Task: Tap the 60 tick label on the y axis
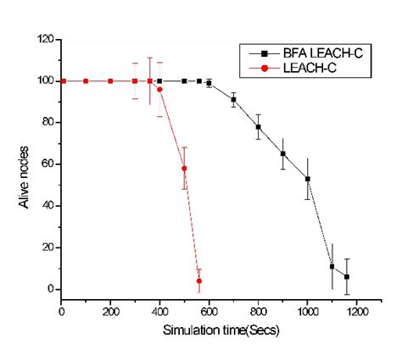48,164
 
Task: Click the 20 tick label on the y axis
48,247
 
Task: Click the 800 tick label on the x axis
258,312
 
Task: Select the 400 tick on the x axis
159,312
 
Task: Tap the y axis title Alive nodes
20,166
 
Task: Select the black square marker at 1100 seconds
332,266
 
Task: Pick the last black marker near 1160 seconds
347,277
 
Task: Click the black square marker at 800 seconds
258,127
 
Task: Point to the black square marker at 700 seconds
233,100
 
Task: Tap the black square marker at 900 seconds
282,154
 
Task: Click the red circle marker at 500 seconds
184,169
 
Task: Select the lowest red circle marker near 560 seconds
198,280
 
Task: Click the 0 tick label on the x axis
62,312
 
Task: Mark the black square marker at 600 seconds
209,83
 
